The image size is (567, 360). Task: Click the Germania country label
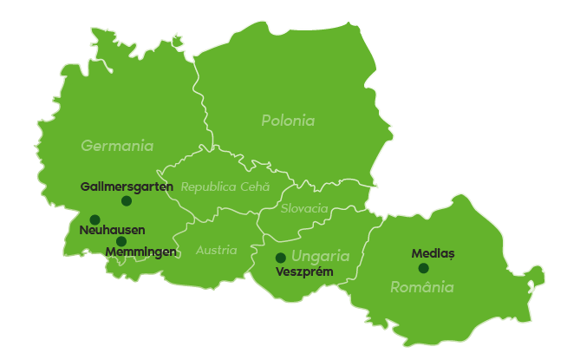coord(117,146)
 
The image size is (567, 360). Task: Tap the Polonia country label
coord(288,121)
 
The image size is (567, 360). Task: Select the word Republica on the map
coord(208,187)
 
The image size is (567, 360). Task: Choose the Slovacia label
coord(304,208)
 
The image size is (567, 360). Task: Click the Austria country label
coord(216,250)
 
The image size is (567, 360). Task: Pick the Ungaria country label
coord(320,256)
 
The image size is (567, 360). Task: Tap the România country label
coord(421,287)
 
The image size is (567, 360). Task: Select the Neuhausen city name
coord(112,230)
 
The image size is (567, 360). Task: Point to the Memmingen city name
coord(140,252)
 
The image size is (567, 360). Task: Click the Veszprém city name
coord(304,272)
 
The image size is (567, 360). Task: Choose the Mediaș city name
coord(433,253)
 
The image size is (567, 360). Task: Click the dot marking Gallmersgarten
coord(127,200)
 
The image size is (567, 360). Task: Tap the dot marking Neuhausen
coord(94,219)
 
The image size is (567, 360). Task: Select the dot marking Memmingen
coord(121,241)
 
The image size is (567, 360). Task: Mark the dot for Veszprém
coord(280,258)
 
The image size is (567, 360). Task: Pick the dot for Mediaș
coord(423,268)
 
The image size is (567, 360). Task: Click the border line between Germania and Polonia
coord(198,95)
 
